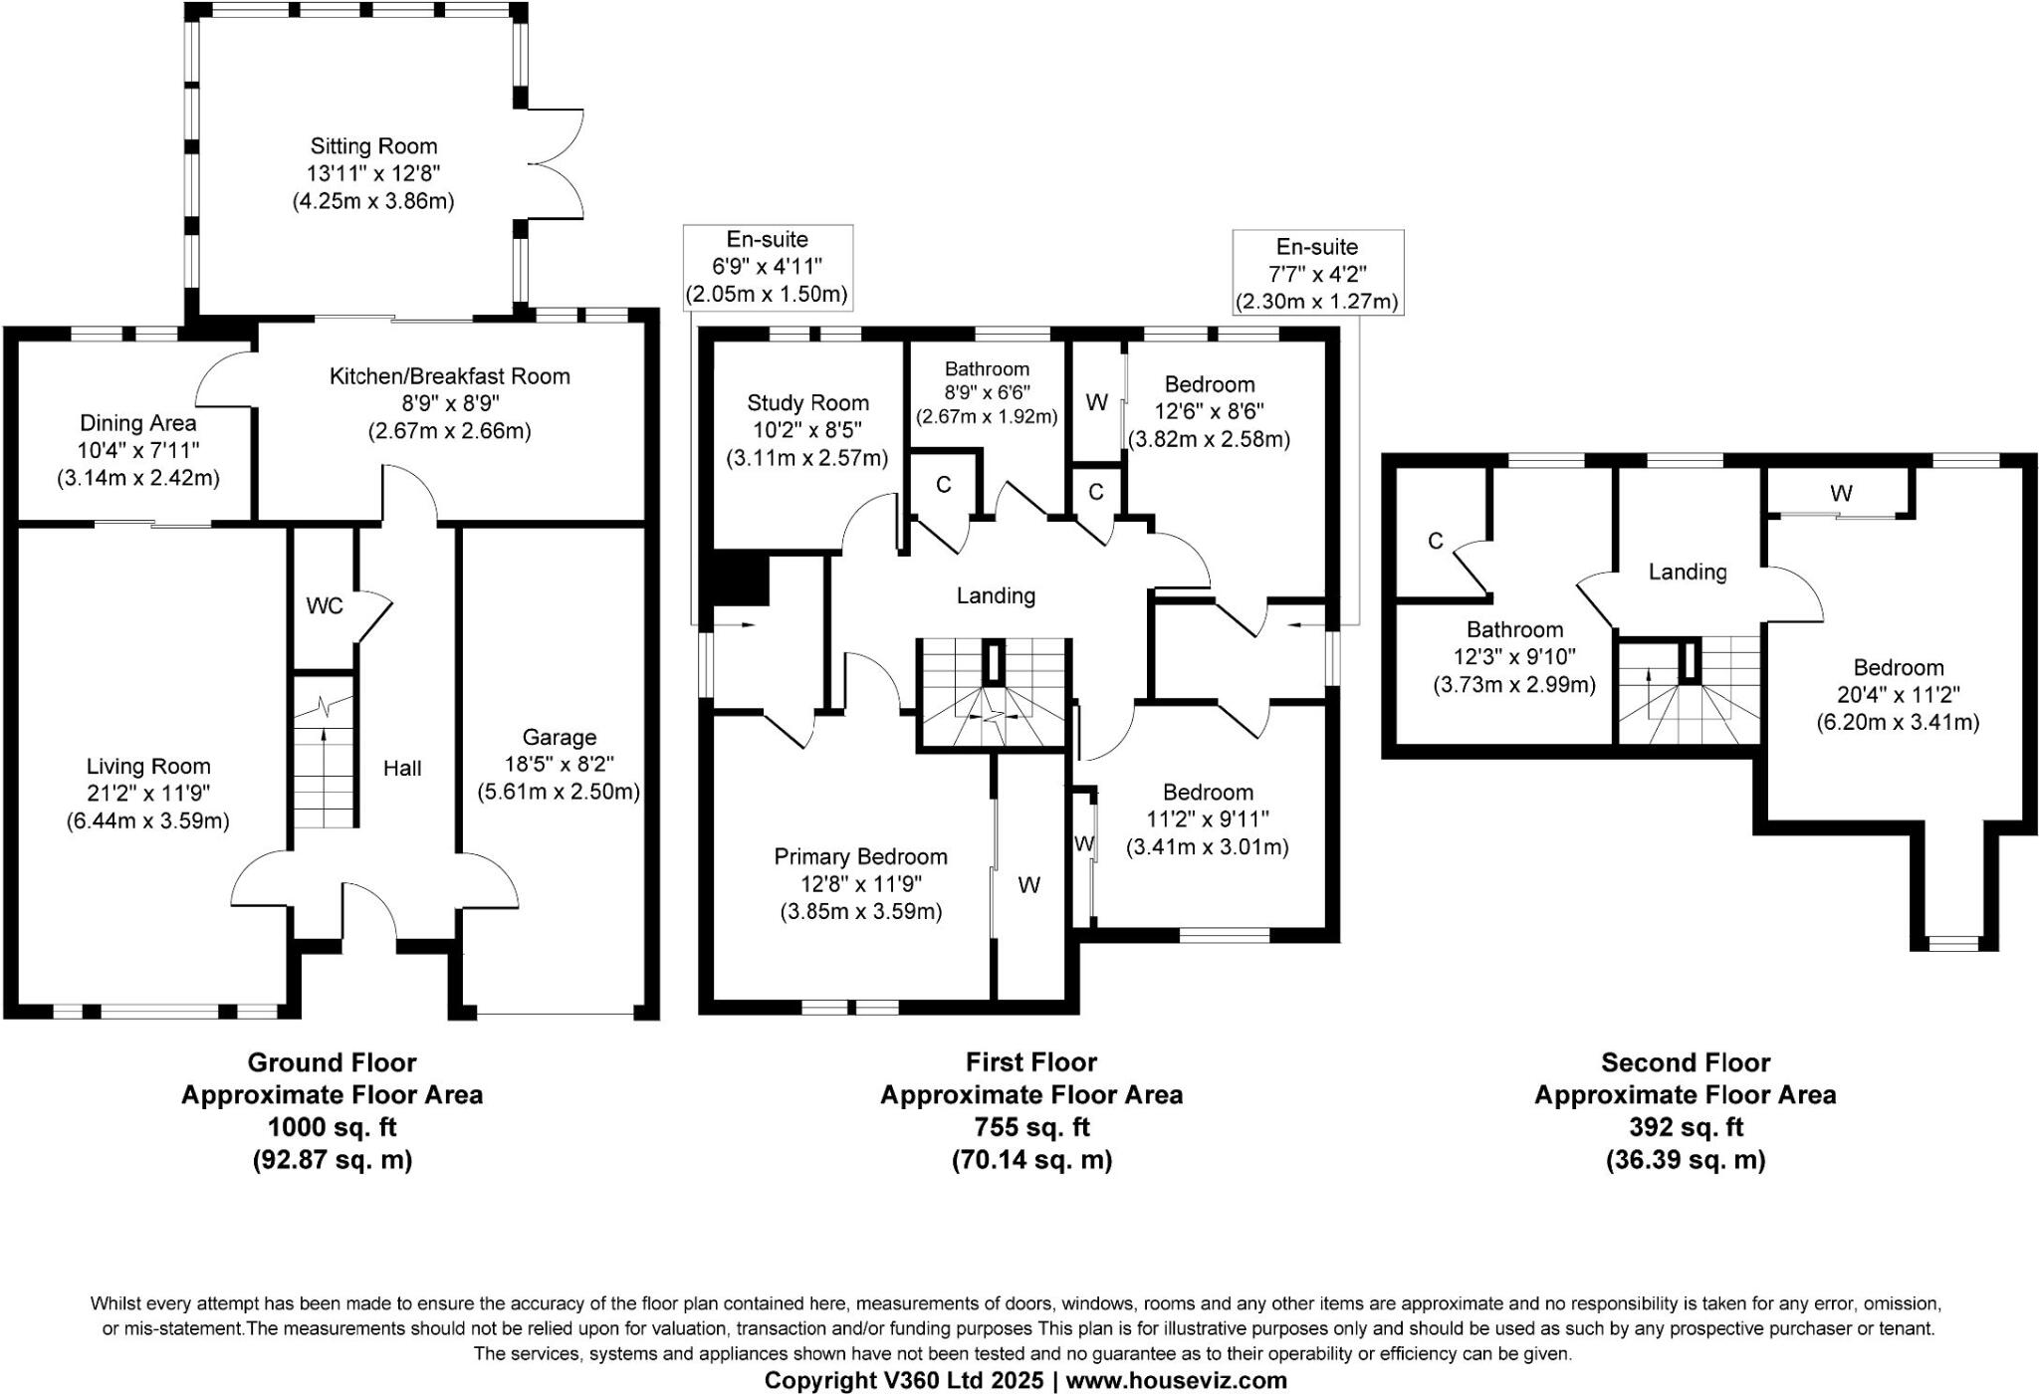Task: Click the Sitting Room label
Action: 373,146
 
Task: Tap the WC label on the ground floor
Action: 325,606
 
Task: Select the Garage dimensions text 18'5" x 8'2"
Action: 559,765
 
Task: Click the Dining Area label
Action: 137,423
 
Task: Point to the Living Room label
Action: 148,767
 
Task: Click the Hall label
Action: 402,769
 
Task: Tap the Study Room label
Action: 807,403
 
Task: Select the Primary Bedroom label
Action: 860,857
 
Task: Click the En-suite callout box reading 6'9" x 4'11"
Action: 768,267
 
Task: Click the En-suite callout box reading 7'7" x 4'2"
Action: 1317,274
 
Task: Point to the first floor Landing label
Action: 996,595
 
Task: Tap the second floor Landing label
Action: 1687,572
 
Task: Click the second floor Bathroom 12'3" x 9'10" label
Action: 1514,657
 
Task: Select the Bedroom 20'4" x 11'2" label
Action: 1898,695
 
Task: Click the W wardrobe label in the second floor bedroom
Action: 1841,493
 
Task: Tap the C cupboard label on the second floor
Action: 1435,541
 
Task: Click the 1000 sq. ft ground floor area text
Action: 332,1127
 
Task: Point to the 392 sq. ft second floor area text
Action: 1685,1127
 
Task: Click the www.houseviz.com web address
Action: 1176,1380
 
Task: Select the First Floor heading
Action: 1030,1062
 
